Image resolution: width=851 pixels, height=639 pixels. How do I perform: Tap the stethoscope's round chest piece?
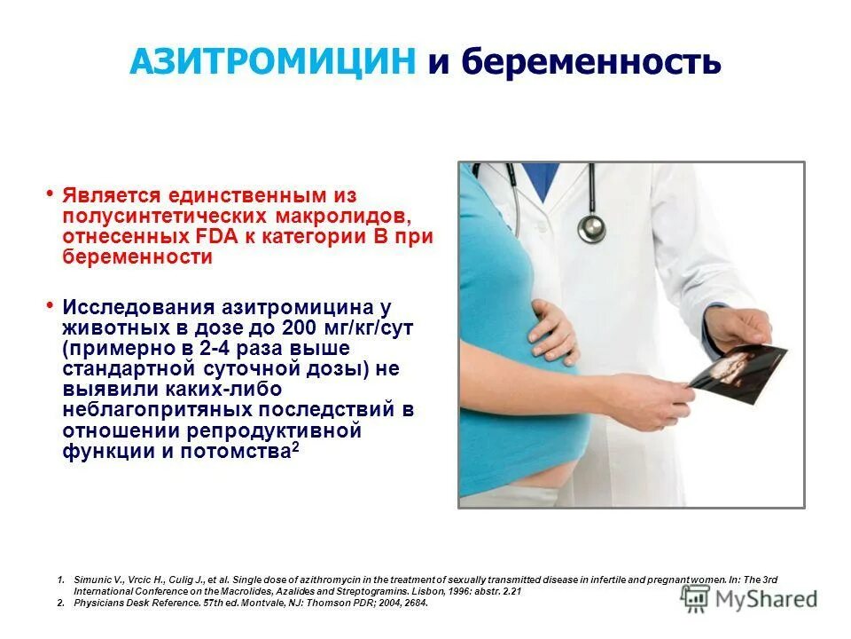(591, 227)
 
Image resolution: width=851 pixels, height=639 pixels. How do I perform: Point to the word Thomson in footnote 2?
(322, 603)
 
